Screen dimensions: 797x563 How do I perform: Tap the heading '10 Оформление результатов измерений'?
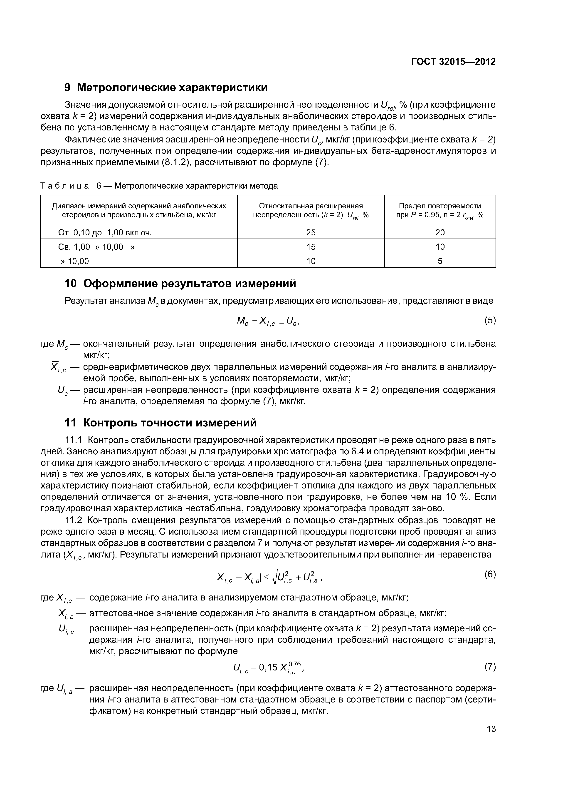180,284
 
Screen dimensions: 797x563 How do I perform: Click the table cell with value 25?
311,232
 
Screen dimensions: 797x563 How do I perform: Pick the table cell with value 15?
311,247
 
